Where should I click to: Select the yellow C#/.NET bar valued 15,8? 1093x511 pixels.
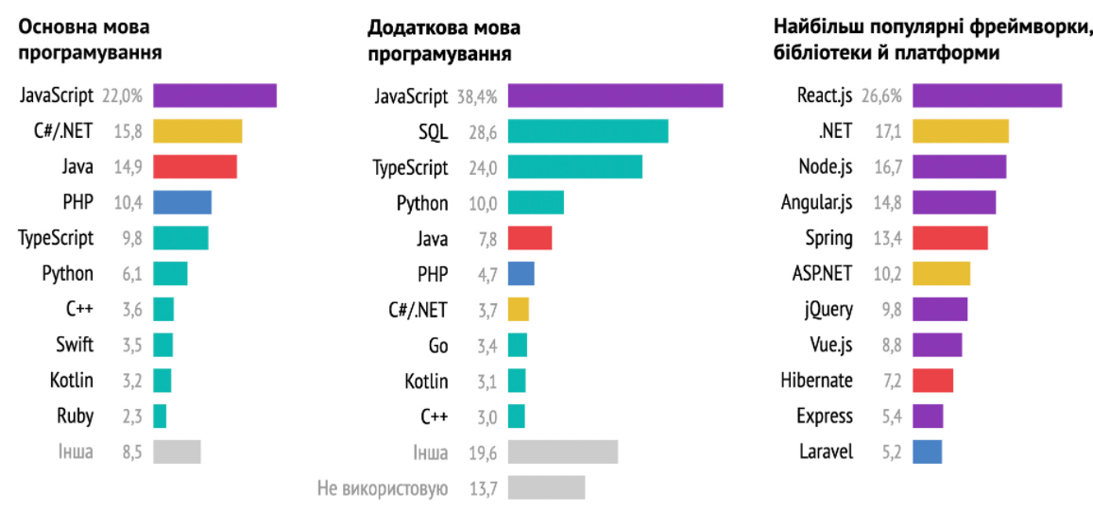197,131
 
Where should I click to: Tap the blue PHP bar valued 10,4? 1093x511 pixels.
182,202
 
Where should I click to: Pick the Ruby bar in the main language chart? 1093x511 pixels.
160,416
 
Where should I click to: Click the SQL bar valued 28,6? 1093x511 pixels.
588,131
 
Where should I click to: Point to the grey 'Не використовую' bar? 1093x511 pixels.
546,487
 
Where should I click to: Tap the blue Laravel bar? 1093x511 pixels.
928,451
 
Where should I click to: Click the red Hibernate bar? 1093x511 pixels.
932,381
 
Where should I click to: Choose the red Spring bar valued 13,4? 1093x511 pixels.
949,238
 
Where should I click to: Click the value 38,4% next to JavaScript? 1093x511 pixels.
478,96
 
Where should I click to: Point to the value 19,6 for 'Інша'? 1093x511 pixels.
482,452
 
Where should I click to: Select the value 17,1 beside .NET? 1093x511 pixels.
888,131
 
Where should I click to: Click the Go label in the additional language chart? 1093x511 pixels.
438,346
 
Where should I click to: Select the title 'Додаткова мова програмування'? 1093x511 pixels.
440,39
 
